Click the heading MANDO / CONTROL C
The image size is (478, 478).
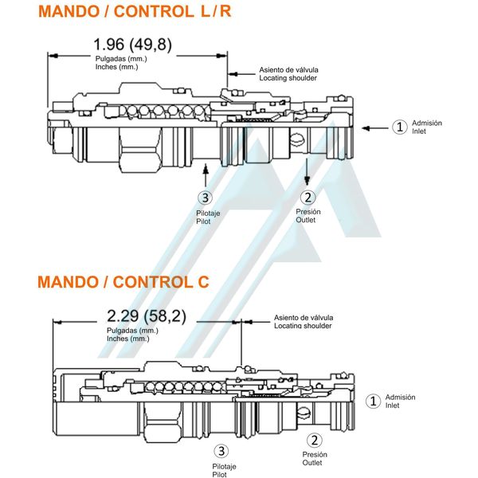point(123,281)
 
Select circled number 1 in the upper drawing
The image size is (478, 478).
point(400,127)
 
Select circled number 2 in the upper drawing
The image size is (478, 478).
point(308,198)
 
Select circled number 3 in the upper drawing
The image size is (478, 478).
point(206,198)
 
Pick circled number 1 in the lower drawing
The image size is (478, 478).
point(371,401)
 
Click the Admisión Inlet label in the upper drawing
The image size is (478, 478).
point(426,127)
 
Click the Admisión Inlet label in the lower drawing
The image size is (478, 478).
point(399,401)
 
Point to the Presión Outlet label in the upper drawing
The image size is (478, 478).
point(308,216)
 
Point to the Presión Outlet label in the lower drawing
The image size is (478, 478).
point(314,459)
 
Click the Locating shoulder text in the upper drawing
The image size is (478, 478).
point(288,78)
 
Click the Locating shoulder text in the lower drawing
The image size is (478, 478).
point(304,326)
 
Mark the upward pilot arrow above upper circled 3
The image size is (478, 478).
point(206,174)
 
